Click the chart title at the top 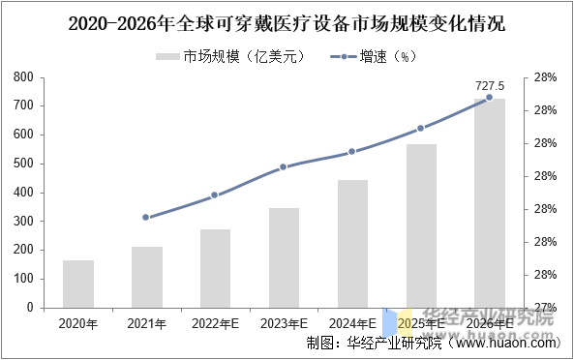tap(287, 22)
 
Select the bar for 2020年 tap(78, 284)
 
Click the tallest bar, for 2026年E tap(489, 203)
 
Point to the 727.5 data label tap(490, 86)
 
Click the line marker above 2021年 tap(146, 217)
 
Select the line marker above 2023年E tap(284, 166)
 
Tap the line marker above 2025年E tap(420, 128)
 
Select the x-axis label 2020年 tap(78, 323)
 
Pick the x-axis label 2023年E tap(284, 323)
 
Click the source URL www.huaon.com tap(504, 343)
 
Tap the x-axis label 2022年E tap(215, 323)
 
